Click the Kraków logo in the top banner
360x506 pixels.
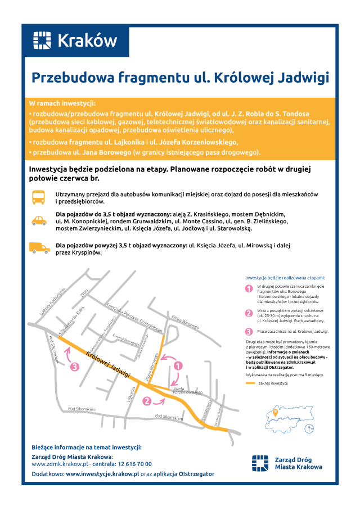[x=75, y=40]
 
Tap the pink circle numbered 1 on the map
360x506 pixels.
[x=178, y=365]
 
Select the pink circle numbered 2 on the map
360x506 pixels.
[x=147, y=401]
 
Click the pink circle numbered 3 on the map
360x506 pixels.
[x=75, y=367]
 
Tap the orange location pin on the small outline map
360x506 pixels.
[x=275, y=412]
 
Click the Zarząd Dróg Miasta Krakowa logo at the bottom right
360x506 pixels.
[x=287, y=463]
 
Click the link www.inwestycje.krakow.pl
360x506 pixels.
[x=102, y=474]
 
